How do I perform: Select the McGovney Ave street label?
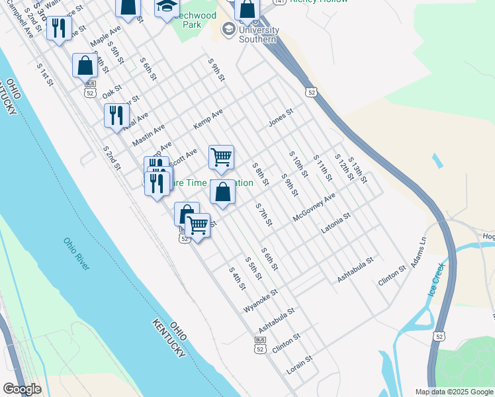(x=314, y=206)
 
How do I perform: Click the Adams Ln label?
(x=419, y=253)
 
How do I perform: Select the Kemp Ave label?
(x=208, y=120)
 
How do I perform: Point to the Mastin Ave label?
(x=148, y=137)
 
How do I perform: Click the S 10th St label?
(x=298, y=164)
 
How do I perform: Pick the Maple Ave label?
(x=106, y=36)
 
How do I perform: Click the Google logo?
(x=21, y=389)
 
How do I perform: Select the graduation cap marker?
(x=167, y=8)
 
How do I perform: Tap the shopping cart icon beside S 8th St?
(x=221, y=157)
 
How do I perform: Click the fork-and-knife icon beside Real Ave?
(x=116, y=115)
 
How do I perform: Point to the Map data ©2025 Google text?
(x=453, y=392)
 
